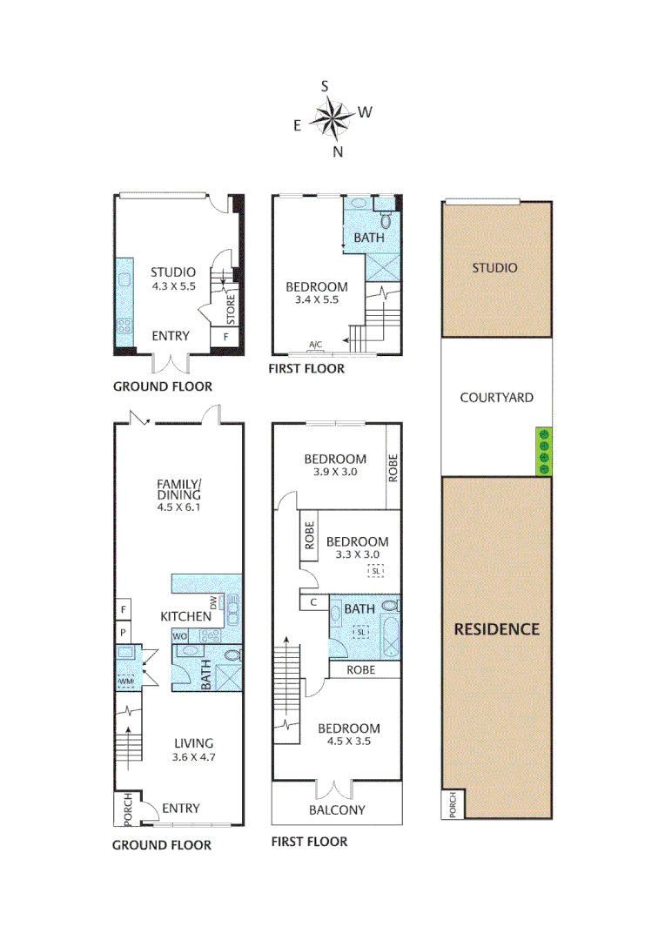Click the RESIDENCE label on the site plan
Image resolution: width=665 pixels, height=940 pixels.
point(496,629)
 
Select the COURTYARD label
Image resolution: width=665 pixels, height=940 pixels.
point(496,398)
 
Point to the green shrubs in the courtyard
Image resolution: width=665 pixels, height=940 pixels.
point(543,452)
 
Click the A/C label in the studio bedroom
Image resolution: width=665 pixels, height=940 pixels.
point(316,345)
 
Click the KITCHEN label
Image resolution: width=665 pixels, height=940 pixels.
point(185,616)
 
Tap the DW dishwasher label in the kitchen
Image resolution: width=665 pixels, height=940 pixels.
point(213,602)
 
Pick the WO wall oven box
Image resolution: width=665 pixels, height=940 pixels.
point(181,636)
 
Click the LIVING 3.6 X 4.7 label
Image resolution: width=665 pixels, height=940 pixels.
point(193,749)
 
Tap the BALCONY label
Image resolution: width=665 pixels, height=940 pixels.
point(337,809)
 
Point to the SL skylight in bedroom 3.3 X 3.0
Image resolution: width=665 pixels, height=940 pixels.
point(375,570)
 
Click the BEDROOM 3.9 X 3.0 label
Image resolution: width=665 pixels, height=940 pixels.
point(335,466)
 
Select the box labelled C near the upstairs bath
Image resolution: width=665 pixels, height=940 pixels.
point(312,601)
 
